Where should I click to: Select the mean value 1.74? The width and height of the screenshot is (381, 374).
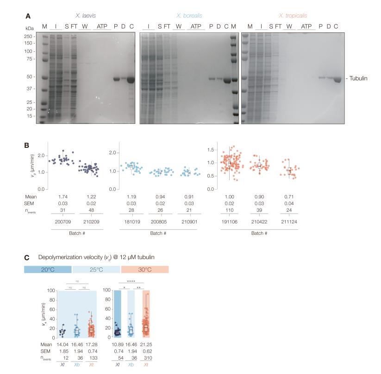[65, 197]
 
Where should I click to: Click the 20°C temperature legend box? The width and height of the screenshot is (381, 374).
[48, 270]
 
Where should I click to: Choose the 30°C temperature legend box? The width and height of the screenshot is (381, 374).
[145, 270]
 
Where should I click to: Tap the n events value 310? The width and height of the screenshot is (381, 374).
[147, 358]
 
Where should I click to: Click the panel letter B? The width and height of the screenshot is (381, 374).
[27, 145]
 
